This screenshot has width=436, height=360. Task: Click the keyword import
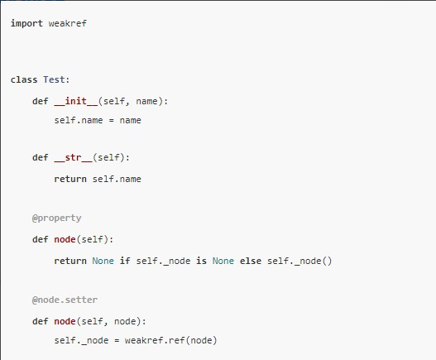point(26,24)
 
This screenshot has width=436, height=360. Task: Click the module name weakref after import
point(68,23)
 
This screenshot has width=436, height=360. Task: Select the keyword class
point(24,79)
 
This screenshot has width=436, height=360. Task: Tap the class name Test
point(54,79)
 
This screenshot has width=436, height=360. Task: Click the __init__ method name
point(76,101)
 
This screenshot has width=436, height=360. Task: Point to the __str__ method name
point(73,157)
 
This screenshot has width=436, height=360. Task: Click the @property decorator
point(57,218)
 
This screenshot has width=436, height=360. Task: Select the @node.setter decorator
point(65,300)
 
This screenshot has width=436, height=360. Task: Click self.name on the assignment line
point(79,121)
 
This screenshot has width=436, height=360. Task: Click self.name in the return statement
point(117,179)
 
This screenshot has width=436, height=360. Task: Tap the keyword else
point(251,261)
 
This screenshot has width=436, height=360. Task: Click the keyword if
point(125,261)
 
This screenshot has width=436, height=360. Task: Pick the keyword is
point(201,261)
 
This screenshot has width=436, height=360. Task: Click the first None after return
point(103,261)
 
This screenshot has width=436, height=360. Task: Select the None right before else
point(223,261)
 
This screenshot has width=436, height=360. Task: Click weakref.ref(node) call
point(170,340)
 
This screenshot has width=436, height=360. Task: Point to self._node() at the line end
point(299,261)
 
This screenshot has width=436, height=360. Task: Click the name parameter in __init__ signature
point(146,101)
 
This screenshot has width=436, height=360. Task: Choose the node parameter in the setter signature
point(125,321)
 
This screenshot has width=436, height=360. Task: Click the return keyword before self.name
point(70,179)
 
